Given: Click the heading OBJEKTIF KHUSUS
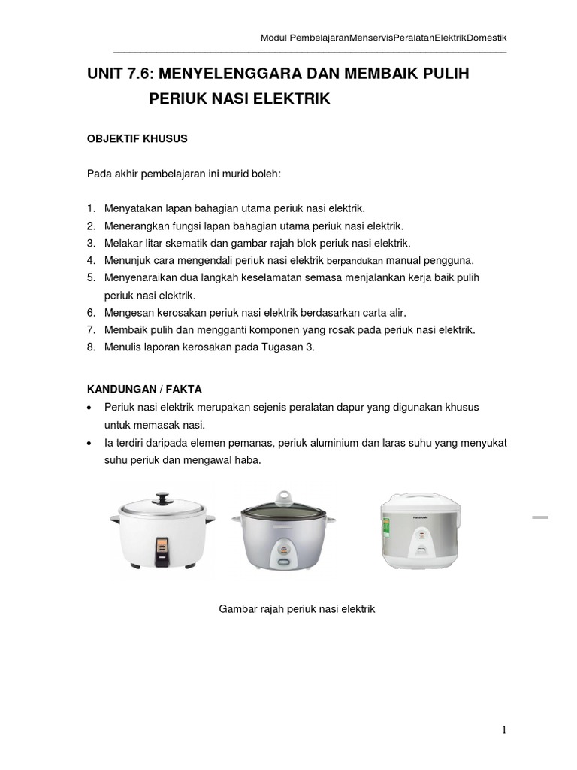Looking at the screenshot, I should [137, 139].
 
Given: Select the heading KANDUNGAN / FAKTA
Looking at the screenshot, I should [144, 389].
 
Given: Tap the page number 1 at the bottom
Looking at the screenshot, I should [506, 729].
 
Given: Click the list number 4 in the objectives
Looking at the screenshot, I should [90, 260].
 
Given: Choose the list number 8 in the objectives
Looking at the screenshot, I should [90, 347].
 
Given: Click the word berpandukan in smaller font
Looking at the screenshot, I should [357, 261].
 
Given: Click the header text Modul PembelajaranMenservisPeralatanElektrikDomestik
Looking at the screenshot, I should [382, 38].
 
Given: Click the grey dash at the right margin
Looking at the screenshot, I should [539, 517].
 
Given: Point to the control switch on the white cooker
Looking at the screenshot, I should [161, 550].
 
